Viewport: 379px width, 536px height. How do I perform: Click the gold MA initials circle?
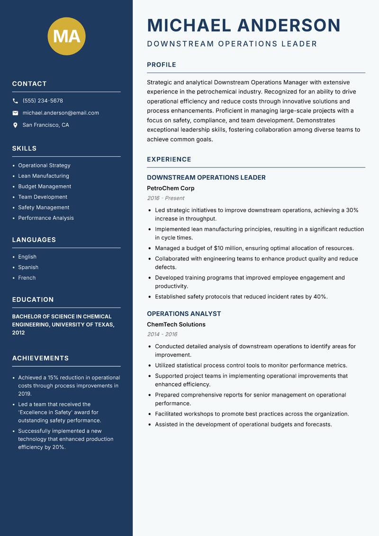pyautogui.click(x=66, y=36)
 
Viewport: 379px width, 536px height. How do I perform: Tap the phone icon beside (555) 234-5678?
pyautogui.click(x=15, y=101)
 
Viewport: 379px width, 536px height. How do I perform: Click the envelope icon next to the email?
pyautogui.click(x=15, y=113)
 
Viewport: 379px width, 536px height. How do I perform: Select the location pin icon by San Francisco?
pyautogui.click(x=15, y=125)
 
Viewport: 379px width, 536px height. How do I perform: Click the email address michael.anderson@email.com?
pyautogui.click(x=61, y=113)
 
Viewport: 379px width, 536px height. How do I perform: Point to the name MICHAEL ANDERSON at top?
pyautogui.click(x=244, y=25)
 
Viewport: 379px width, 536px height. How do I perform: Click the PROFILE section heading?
pyautogui.click(x=161, y=65)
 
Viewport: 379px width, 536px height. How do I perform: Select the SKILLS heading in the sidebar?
pyautogui.click(x=24, y=148)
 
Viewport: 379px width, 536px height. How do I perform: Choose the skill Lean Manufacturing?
pyautogui.click(x=44, y=176)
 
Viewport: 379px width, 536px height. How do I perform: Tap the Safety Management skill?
pyautogui.click(x=44, y=207)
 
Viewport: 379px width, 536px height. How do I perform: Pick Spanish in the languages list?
pyautogui.click(x=28, y=267)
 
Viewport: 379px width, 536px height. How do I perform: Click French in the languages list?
pyautogui.click(x=27, y=277)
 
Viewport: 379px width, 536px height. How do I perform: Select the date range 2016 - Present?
pyautogui.click(x=165, y=198)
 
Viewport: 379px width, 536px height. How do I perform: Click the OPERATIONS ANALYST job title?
pyautogui.click(x=184, y=314)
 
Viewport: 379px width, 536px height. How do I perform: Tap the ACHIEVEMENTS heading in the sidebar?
pyautogui.click(x=40, y=358)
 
